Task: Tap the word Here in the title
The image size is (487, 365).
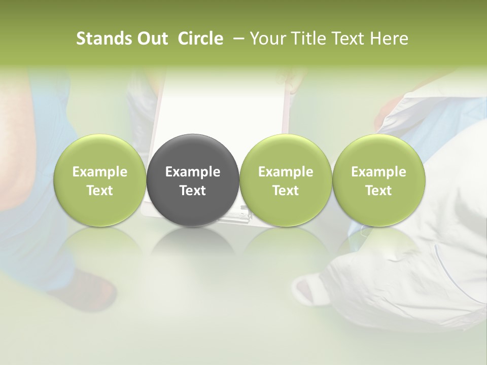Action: [x=389, y=39]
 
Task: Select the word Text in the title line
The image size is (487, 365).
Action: [x=349, y=39]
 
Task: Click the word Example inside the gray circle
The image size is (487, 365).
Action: [x=193, y=172]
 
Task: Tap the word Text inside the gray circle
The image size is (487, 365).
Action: [x=193, y=191]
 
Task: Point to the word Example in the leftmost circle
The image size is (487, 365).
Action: [x=100, y=172]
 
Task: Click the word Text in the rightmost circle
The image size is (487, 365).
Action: [x=378, y=191]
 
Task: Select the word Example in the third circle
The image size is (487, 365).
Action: [x=286, y=172]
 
